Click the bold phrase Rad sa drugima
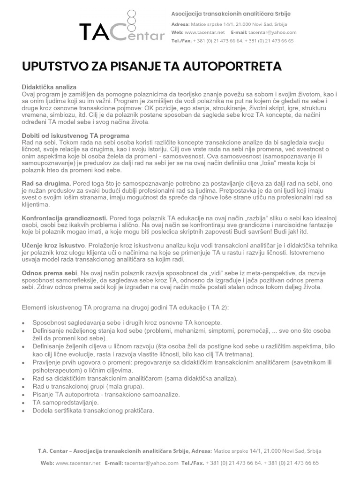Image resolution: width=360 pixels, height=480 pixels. coord(46,184)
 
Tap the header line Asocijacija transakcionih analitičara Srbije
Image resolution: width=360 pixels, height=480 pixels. coord(233,15)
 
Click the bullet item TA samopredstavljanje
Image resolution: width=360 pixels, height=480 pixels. coord(65,403)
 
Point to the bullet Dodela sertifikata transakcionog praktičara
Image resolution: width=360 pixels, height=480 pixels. coord(93,411)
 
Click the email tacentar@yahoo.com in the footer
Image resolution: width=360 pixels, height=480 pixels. coord(151,463)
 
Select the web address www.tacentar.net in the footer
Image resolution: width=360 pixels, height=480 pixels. coord(78,463)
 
